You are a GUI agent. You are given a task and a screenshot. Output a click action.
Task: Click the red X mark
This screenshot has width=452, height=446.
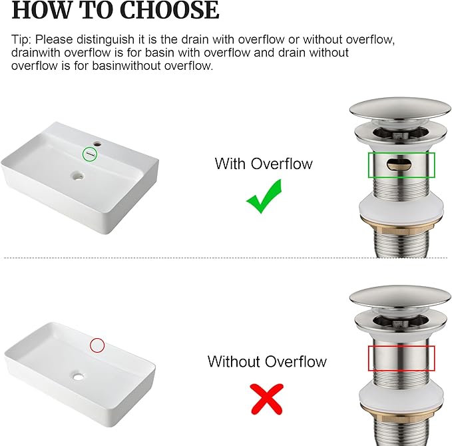[x=266, y=398]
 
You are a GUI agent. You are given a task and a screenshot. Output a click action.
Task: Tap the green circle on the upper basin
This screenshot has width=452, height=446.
[x=90, y=154]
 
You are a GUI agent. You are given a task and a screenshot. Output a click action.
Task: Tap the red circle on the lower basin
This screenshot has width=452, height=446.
[x=97, y=345]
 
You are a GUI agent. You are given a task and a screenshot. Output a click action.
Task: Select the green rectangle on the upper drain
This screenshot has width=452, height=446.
[x=402, y=165]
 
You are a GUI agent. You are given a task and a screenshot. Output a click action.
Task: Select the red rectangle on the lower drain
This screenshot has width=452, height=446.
[x=401, y=358]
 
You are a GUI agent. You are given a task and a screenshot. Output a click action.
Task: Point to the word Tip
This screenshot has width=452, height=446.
[x=21, y=39]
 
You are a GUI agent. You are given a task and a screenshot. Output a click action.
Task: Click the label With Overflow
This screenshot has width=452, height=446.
[x=263, y=164]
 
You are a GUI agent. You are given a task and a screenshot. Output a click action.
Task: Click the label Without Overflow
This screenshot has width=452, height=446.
[x=267, y=362]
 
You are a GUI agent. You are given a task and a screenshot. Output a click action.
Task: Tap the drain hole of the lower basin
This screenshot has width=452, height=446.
[x=79, y=377]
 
